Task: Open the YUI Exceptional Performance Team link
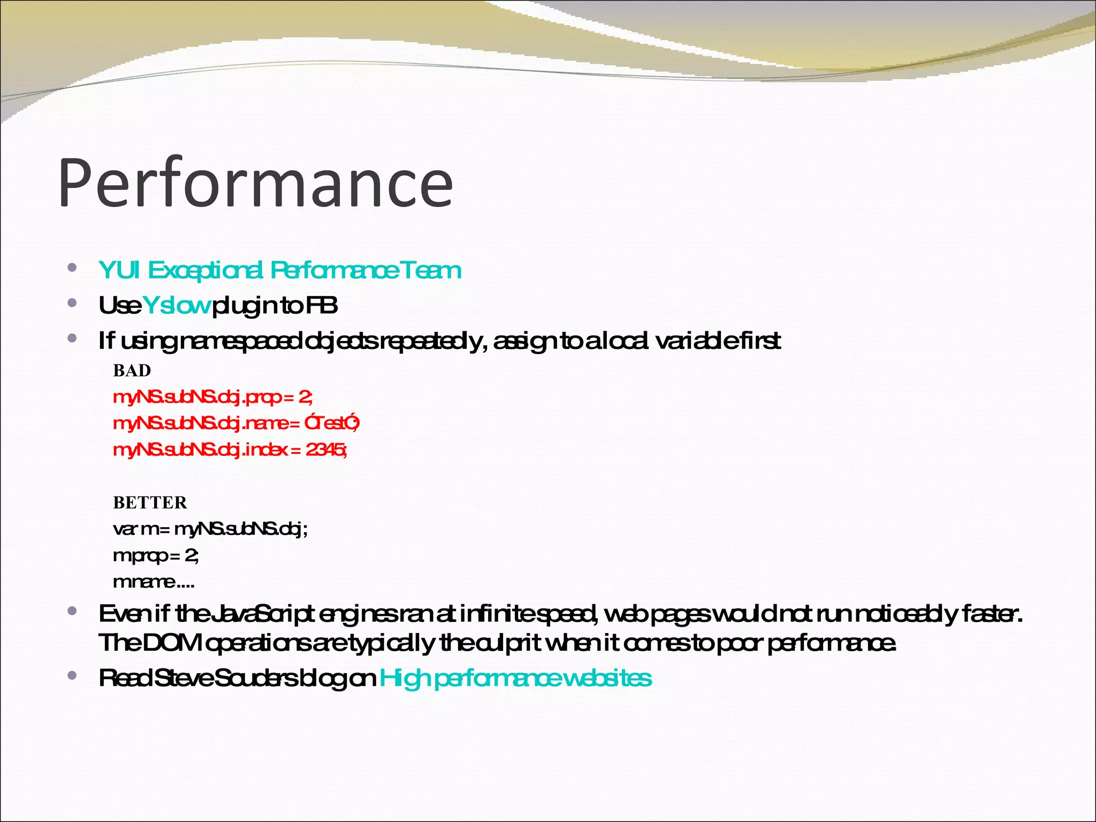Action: [x=279, y=270]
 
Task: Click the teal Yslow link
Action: [x=177, y=306]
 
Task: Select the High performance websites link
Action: [x=515, y=678]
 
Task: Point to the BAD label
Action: [x=132, y=370]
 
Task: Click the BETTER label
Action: [x=150, y=503]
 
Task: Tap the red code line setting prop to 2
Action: [x=212, y=397]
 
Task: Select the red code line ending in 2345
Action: [x=230, y=450]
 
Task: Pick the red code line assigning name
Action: [x=236, y=423]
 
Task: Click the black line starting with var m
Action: [x=210, y=529]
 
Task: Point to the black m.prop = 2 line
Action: [x=156, y=555]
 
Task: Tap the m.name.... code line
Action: [x=154, y=581]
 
